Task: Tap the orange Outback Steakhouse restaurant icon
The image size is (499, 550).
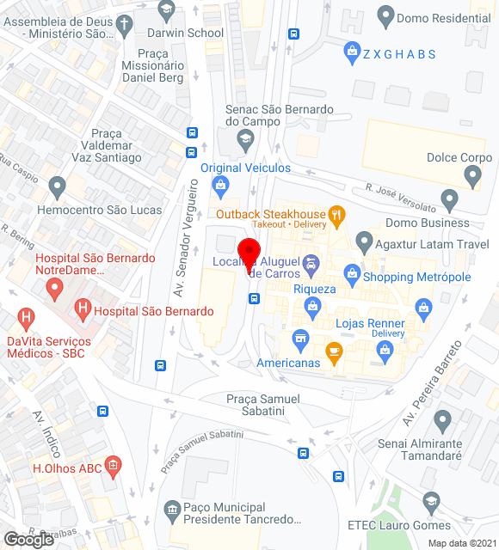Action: pos(337,214)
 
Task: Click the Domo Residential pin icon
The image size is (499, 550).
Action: pos(385,15)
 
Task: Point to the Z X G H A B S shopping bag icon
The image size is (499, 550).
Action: pos(351,53)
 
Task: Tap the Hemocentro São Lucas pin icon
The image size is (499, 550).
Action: pos(58,185)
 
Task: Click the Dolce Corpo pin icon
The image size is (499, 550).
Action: pos(471,176)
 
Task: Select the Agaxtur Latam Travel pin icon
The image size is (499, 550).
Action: pos(365,242)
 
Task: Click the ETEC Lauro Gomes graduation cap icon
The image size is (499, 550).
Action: pos(430,502)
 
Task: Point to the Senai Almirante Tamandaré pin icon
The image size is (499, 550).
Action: pos(442,421)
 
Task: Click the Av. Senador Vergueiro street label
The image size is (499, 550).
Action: pos(182,238)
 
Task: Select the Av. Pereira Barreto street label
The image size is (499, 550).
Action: pos(434,382)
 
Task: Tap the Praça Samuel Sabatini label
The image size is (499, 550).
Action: pos(263,405)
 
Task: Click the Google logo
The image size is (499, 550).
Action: pos(28,539)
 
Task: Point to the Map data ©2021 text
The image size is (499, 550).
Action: pos(461,543)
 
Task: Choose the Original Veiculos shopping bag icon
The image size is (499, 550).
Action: pos(221,185)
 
